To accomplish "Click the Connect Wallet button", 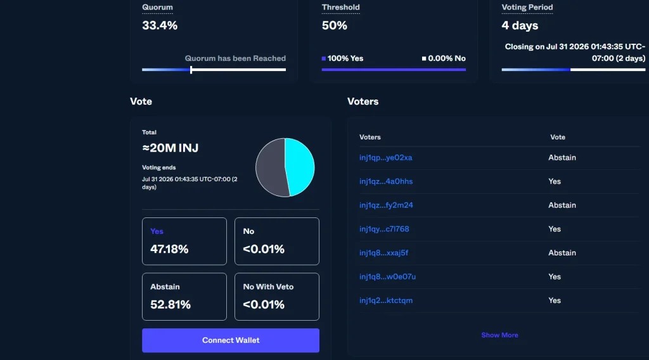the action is pyautogui.click(x=231, y=340).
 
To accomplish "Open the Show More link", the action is pyautogui.click(x=499, y=335).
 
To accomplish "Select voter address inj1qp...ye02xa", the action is pyautogui.click(x=386, y=158).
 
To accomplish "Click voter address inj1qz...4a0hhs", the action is pyautogui.click(x=386, y=181).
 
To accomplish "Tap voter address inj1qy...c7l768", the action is pyautogui.click(x=384, y=229).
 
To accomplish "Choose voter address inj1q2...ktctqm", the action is pyautogui.click(x=386, y=300).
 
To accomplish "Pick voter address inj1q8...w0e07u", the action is pyautogui.click(x=387, y=276).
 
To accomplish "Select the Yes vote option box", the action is pyautogui.click(x=184, y=241).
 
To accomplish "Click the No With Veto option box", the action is pyautogui.click(x=277, y=297).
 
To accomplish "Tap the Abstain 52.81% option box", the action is pyautogui.click(x=184, y=297).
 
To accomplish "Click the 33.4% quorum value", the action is pyautogui.click(x=160, y=25).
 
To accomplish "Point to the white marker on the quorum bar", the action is pyautogui.click(x=191, y=70).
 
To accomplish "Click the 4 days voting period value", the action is pyautogui.click(x=520, y=25).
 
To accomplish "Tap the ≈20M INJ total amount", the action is pyautogui.click(x=170, y=148).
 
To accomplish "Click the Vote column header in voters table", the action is pyautogui.click(x=558, y=137).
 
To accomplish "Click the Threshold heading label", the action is pyautogui.click(x=340, y=8).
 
